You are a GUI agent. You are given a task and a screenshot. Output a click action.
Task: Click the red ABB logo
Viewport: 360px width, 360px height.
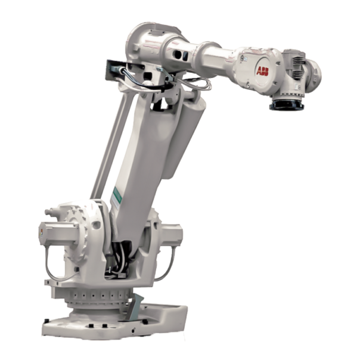point(262,71)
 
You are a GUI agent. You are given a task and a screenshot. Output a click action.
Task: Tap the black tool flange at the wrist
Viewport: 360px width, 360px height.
point(287,104)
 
